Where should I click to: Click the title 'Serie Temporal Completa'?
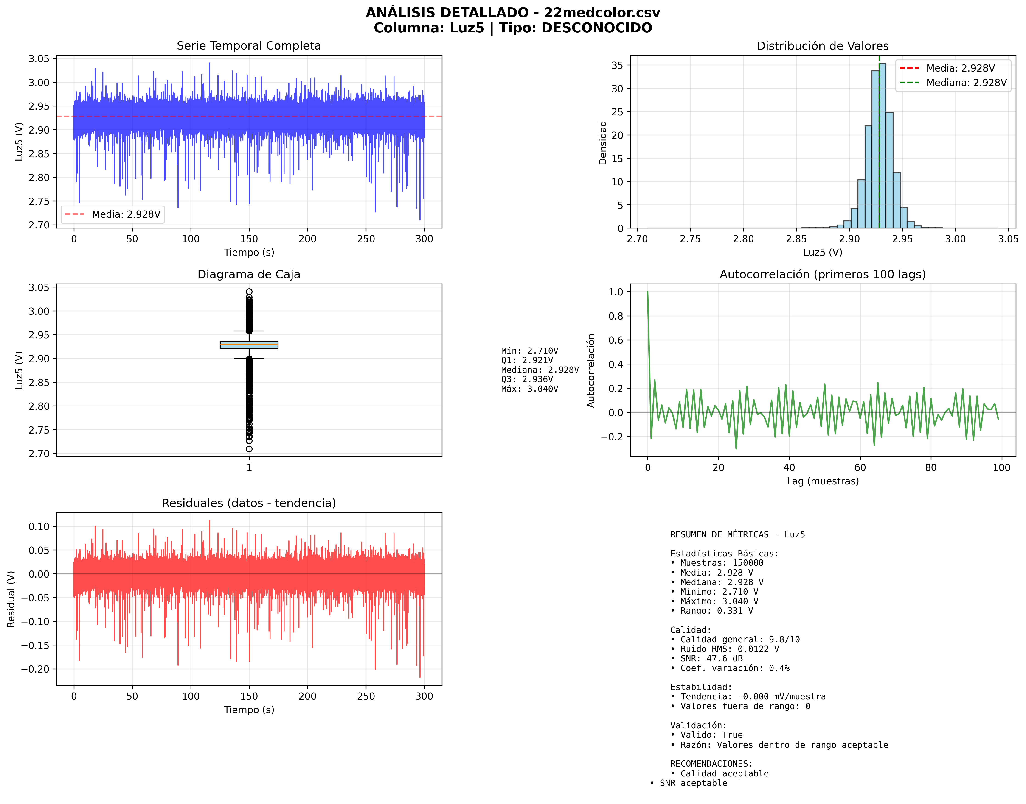pyautogui.click(x=249, y=46)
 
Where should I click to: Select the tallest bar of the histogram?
pyautogui.click(x=882, y=146)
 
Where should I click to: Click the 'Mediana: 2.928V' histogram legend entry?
pyautogui.click(x=966, y=83)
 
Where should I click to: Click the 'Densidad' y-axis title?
pyautogui.click(x=602, y=143)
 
